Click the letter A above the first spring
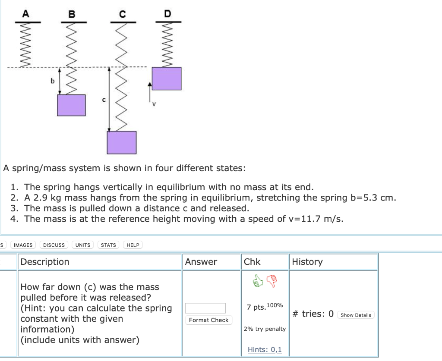(25, 13)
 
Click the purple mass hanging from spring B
(72, 105)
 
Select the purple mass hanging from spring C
(122, 142)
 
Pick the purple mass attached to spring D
(167, 78)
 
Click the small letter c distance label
(104, 100)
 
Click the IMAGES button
(23, 245)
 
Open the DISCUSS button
(54, 245)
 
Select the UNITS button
(83, 245)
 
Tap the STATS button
(108, 245)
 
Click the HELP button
(133, 245)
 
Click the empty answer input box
(205, 308)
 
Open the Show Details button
(356, 315)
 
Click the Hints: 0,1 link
(265, 349)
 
